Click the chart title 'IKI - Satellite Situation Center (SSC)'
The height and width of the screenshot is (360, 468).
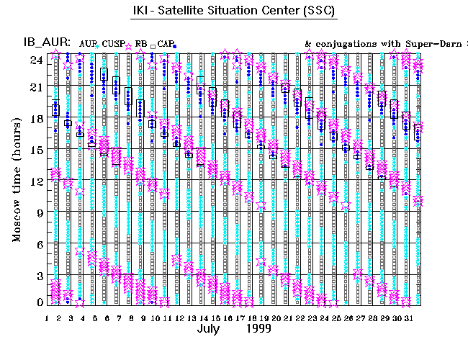coord(235,13)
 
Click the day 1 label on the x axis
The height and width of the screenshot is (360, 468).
coord(47,317)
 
